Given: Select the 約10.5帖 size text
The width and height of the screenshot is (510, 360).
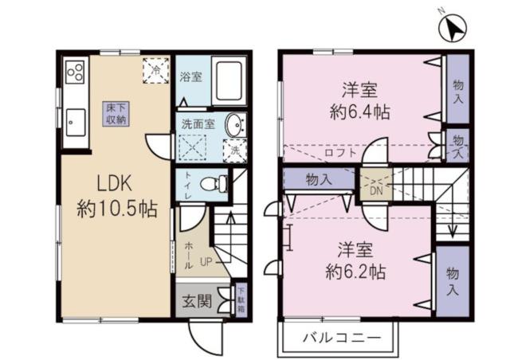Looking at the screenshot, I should tap(116, 209).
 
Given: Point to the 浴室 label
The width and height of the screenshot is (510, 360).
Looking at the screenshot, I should tap(190, 77).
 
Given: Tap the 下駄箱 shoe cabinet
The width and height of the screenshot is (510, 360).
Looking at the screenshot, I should tap(241, 299).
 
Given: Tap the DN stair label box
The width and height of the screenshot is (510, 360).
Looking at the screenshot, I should tap(375, 190).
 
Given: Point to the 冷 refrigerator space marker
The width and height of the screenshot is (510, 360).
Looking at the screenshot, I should tap(155, 71).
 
